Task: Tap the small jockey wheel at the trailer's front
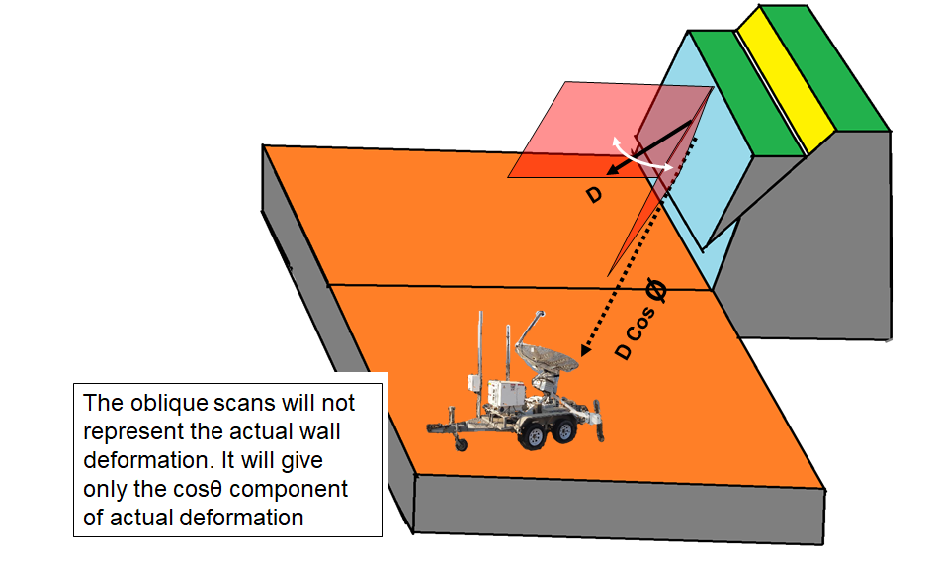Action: tap(461, 444)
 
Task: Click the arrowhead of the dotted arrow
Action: tap(585, 349)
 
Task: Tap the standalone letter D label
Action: tap(593, 196)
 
